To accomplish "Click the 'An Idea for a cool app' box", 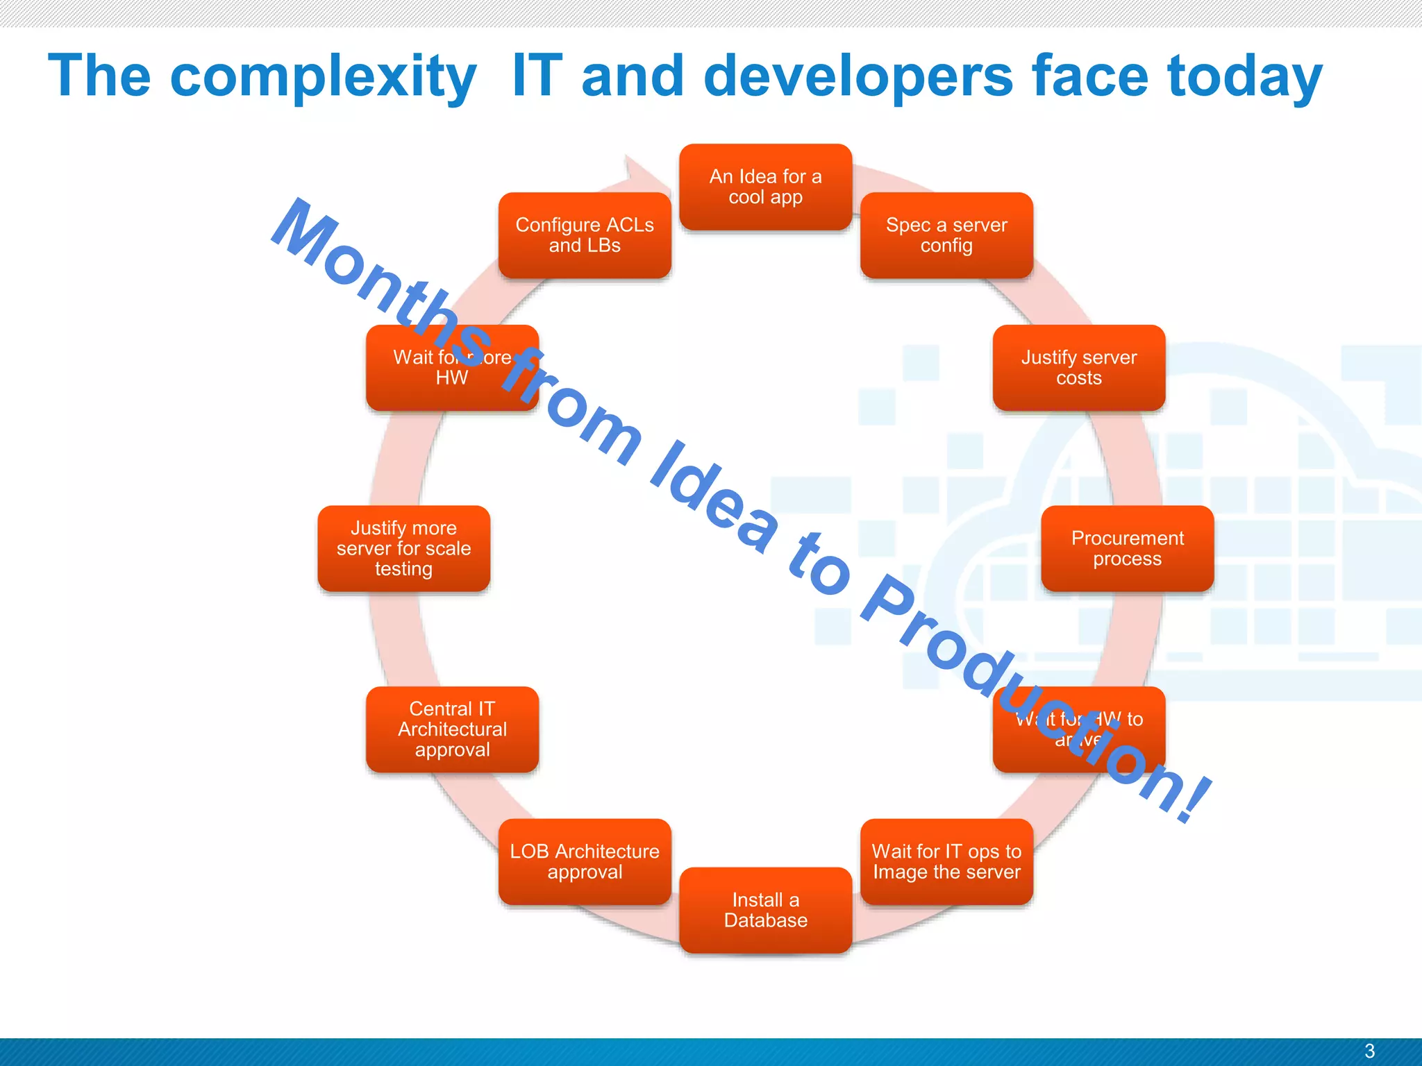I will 765,187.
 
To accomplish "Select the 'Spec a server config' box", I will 946,235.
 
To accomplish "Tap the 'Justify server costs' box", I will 1078,368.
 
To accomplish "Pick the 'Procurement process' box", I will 1127,548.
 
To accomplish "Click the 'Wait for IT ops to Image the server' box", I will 946,861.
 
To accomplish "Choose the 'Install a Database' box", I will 765,910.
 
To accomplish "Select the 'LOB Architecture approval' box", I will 584,861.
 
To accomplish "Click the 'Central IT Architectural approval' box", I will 452,729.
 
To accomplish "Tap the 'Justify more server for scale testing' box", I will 403,548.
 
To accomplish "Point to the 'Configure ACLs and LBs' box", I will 584,235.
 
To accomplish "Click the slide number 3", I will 1369,1051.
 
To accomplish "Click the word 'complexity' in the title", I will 323,76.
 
